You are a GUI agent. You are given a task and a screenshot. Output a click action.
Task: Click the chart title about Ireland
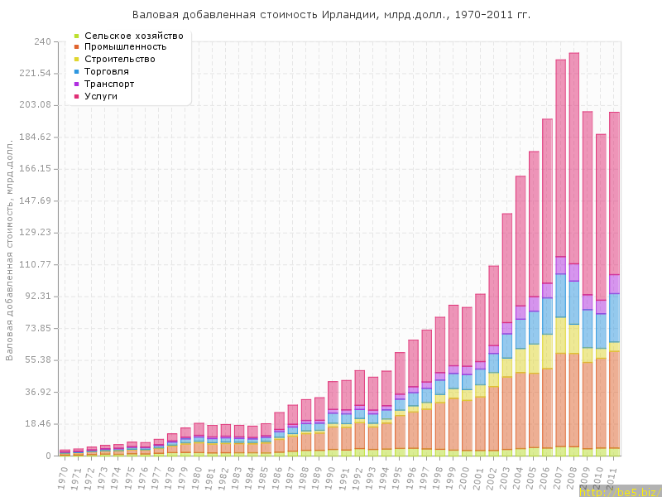(331, 15)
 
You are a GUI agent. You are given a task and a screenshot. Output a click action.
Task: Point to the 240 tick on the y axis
(42, 41)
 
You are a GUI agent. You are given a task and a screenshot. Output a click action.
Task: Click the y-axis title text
(10, 248)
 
